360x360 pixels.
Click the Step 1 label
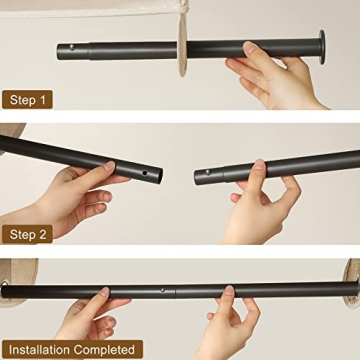[x=27, y=100]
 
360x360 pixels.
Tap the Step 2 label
[x=27, y=234]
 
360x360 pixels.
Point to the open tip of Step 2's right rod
[x=197, y=173]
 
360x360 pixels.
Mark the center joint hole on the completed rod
[x=164, y=292]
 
